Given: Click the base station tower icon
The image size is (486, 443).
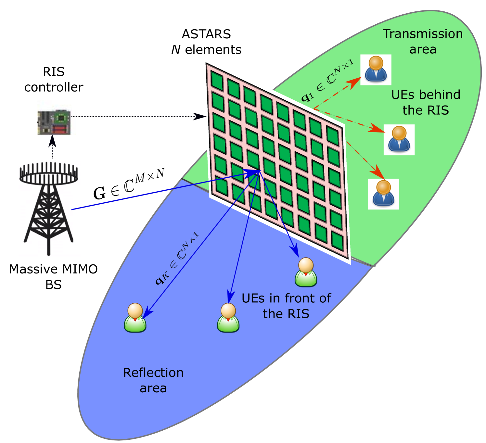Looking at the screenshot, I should pyautogui.click(x=49, y=209).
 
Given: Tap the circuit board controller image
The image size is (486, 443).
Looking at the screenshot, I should pyautogui.click(x=56, y=118).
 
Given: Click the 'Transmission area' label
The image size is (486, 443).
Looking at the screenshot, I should pyautogui.click(x=423, y=42).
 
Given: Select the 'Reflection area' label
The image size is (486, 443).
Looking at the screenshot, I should pyautogui.click(x=153, y=380).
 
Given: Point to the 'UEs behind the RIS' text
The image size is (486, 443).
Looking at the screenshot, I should pyautogui.click(x=426, y=102).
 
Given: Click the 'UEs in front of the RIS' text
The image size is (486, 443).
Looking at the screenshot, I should pyautogui.click(x=286, y=306).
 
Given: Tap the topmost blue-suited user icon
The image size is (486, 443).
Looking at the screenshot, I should pyautogui.click(x=376, y=70).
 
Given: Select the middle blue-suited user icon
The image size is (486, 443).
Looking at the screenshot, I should pyautogui.click(x=399, y=140).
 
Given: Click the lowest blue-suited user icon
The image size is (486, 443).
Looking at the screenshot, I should pyautogui.click(x=383, y=194).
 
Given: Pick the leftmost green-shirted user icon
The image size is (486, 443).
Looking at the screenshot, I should pyautogui.click(x=135, y=318).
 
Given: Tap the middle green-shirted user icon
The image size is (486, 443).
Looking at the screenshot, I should pyautogui.click(x=228, y=318).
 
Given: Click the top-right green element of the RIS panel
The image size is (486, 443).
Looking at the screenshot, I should pyautogui.click(x=332, y=135).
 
